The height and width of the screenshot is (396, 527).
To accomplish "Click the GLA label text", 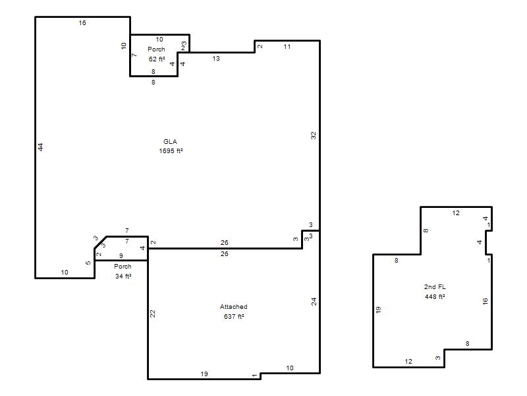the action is [170, 142].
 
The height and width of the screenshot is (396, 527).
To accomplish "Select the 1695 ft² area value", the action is [171, 151].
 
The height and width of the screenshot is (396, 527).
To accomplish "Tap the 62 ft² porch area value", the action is [157, 59].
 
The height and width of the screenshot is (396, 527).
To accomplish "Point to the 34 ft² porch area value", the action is [123, 276].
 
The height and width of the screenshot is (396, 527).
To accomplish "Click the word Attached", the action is [234, 307].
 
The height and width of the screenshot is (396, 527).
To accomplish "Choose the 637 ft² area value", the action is [234, 317].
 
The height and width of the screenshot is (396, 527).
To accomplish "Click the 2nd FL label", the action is [435, 287].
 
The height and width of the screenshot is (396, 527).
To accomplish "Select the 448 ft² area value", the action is [435, 296].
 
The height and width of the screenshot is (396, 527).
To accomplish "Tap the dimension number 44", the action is [40, 147].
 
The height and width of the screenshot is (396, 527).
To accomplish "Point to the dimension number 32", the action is [314, 136].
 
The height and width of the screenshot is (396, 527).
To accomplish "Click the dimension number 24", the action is [314, 302].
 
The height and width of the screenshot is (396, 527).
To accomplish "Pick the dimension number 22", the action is [153, 314].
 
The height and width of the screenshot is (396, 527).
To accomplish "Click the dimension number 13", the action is [216, 59].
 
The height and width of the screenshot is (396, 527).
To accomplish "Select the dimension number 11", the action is [287, 47].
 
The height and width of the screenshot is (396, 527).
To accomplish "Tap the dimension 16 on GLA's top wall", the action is [82, 23].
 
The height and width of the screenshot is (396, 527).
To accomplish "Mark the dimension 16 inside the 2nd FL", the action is [485, 302].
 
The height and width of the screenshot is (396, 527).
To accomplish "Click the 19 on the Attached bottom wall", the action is [204, 374].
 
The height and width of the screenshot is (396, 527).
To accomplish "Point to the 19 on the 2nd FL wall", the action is [378, 310].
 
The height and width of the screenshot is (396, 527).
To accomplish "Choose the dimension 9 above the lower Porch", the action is [121, 256].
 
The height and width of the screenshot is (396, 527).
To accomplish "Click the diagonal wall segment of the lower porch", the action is [101, 242].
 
